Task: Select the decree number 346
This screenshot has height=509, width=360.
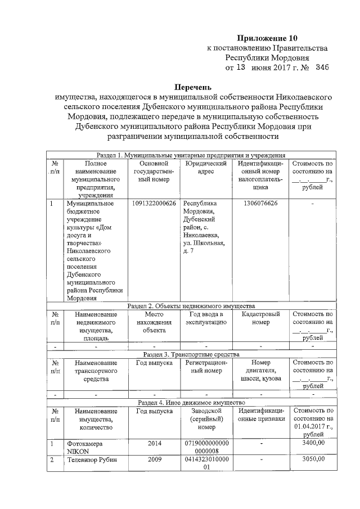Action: pos(322,67)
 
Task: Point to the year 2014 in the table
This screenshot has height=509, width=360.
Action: pos(154,443)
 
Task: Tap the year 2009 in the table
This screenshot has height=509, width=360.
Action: pos(154,460)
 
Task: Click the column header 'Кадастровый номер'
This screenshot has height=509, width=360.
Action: pos(260,318)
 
